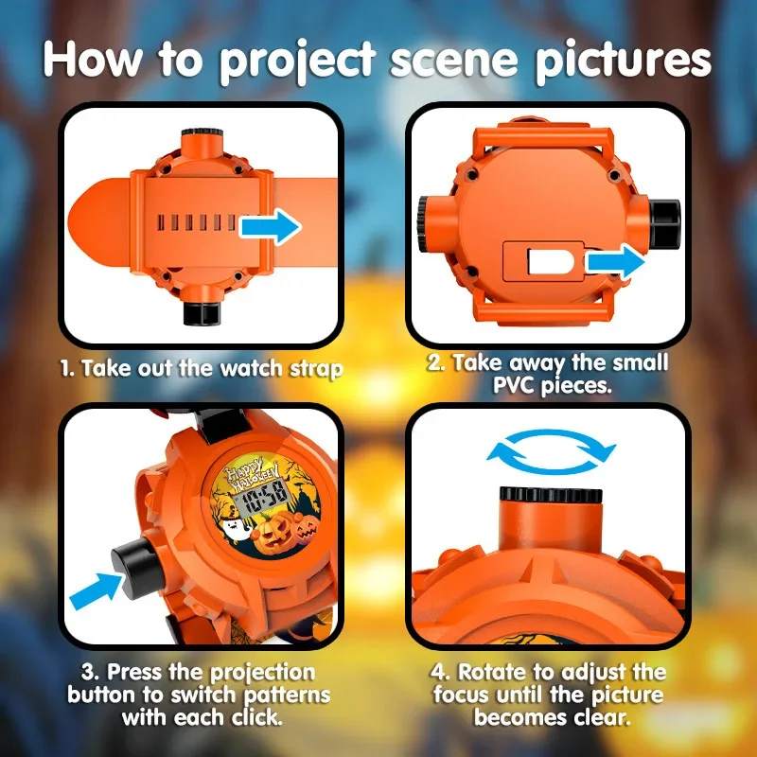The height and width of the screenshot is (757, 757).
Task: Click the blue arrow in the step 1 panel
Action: pos(271,227)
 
